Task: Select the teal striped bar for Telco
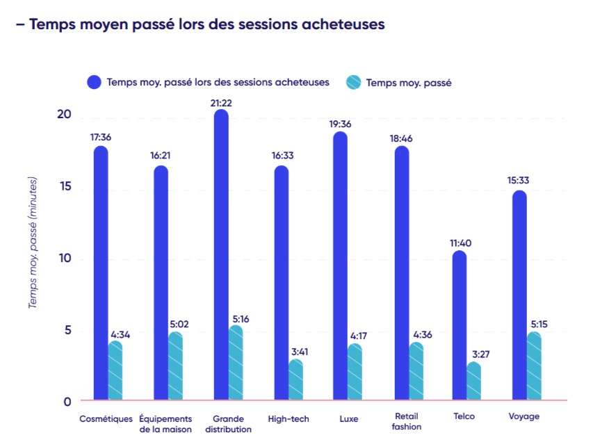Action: click(474, 382)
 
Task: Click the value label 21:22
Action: click(220, 103)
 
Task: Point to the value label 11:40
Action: click(460, 243)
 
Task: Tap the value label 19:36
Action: click(340, 124)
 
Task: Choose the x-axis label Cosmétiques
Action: click(106, 418)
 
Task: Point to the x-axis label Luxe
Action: click(348, 418)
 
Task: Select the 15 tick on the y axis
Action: click(63, 188)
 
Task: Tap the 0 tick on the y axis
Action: click(66, 401)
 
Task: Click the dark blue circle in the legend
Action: click(94, 82)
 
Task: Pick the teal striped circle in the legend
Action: click(353, 82)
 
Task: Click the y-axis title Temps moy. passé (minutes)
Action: click(33, 243)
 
